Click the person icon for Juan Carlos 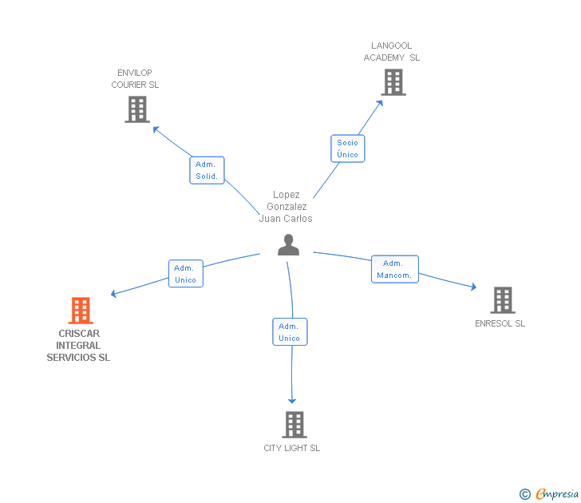tap(288, 245)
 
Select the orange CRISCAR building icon tap(81, 311)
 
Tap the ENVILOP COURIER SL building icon tap(137, 109)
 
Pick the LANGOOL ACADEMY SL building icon tap(393, 82)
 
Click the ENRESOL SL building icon tap(502, 300)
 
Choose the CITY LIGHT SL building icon tap(294, 425)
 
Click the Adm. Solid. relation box tap(207, 170)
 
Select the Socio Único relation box tap(347, 149)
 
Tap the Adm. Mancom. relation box tap(394, 269)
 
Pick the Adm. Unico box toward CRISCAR tap(185, 274)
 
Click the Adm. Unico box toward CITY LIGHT tap(289, 332)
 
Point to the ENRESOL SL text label tap(500, 323)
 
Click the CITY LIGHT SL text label tap(292, 448)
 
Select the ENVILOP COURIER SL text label tap(135, 79)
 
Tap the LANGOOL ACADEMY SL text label tap(391, 52)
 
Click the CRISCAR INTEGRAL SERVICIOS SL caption tap(78, 346)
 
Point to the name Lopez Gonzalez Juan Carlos tap(286, 207)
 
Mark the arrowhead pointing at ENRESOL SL tap(473, 287)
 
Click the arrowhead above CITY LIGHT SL tap(293, 400)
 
